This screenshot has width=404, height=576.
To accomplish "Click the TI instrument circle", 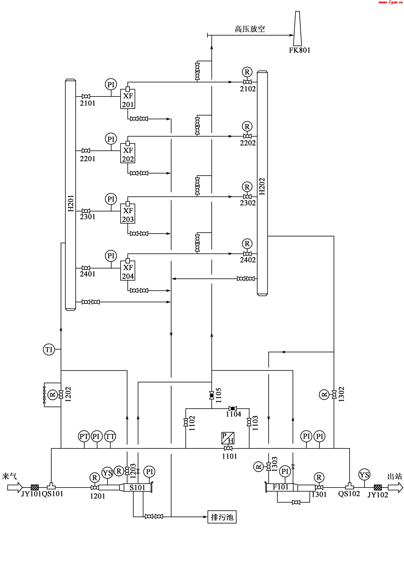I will [x=49, y=349].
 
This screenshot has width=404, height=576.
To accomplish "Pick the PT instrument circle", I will [x=84, y=437].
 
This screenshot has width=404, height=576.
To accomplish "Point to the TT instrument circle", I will [x=110, y=437].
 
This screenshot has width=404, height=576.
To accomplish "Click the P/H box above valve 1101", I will [x=228, y=438].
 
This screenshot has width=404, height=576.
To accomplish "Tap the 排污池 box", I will [x=222, y=517].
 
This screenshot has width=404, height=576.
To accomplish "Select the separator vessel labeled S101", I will [x=137, y=487].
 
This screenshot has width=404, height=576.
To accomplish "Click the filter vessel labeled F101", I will [x=280, y=487].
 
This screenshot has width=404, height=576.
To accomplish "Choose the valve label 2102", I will [x=248, y=89].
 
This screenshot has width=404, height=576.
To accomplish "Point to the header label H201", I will [x=71, y=203].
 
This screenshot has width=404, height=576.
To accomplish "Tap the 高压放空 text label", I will [x=250, y=29].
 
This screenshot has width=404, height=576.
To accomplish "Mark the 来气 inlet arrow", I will [x=15, y=487].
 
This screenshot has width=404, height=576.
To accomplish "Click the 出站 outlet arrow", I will [x=395, y=487].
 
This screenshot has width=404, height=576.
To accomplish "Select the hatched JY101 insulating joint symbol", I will [x=35, y=487].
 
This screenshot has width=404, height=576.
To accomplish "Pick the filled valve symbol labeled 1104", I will [x=233, y=408].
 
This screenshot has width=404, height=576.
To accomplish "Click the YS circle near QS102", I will [x=364, y=475].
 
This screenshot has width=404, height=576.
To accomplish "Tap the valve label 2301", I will [x=88, y=217].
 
